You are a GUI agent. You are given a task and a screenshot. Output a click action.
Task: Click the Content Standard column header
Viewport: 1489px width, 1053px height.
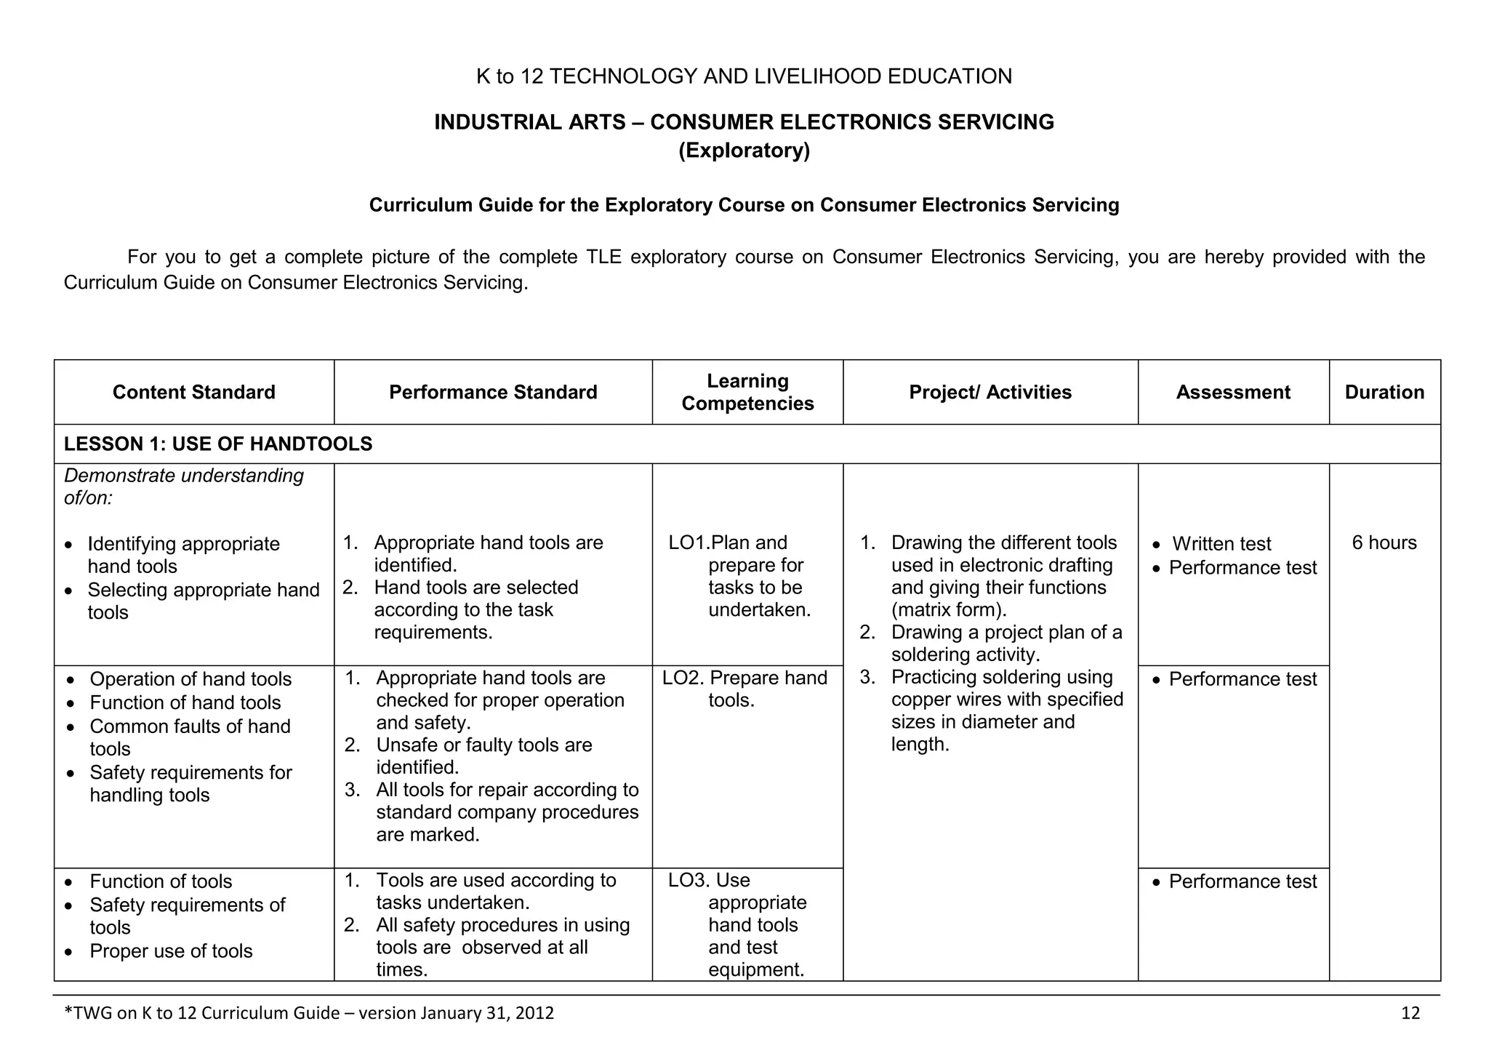click(x=193, y=393)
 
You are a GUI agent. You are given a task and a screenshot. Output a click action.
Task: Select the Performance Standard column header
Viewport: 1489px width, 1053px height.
click(x=493, y=393)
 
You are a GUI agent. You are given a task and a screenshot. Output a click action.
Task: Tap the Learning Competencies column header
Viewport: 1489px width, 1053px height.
click(x=747, y=393)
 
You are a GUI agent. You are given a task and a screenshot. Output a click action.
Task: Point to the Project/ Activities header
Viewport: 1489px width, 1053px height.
click(x=990, y=393)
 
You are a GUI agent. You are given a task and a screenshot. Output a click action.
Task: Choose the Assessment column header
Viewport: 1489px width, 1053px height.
click(x=1233, y=393)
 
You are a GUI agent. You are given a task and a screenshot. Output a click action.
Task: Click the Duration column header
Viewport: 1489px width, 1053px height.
click(x=1384, y=393)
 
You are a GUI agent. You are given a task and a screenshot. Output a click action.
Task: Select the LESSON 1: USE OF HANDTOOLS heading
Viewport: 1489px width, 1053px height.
click(x=218, y=444)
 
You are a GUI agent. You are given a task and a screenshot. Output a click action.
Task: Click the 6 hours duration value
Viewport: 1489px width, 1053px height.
click(x=1384, y=543)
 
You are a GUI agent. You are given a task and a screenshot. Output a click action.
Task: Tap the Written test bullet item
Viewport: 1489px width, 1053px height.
click(x=1221, y=544)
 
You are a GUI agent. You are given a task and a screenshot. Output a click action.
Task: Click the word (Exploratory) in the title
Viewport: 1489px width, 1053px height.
click(x=744, y=151)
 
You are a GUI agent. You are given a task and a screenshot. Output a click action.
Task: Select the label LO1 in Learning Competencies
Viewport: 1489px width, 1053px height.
click(x=687, y=543)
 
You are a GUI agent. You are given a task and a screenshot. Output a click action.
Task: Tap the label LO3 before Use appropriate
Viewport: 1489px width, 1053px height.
click(x=688, y=881)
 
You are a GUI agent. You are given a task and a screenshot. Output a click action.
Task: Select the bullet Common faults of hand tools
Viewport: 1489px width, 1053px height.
click(x=189, y=727)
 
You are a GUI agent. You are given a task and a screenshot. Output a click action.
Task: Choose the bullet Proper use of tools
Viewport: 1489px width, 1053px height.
click(x=171, y=952)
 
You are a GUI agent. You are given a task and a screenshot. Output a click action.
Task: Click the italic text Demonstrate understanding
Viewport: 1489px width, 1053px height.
click(x=184, y=476)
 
